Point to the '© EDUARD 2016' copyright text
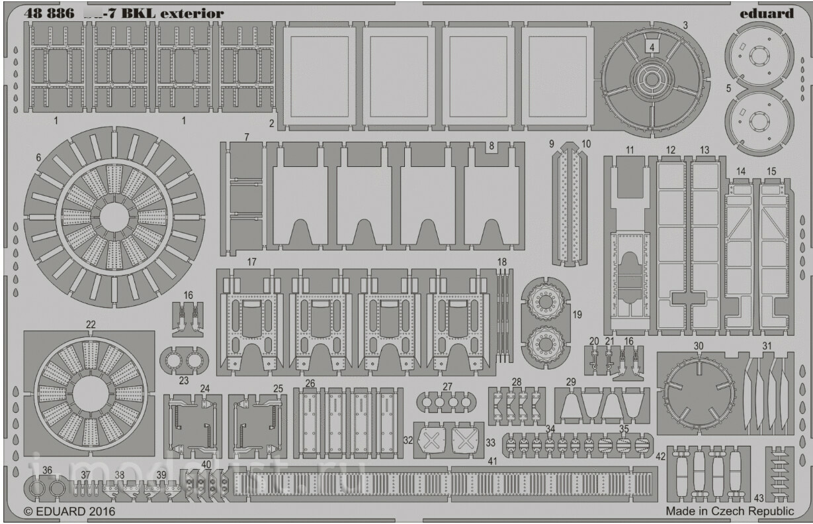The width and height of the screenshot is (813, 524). pyautogui.click(x=69, y=511)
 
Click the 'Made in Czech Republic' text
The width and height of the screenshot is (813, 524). pyautogui.click(x=729, y=511)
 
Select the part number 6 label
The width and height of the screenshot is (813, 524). pyautogui.click(x=38, y=158)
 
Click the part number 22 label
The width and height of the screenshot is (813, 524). pyautogui.click(x=91, y=324)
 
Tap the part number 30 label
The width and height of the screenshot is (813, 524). pyautogui.click(x=699, y=346)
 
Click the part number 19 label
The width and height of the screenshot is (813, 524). pyautogui.click(x=577, y=315)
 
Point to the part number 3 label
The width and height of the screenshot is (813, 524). pyautogui.click(x=685, y=25)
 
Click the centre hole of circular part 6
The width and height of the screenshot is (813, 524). pyautogui.click(x=114, y=216)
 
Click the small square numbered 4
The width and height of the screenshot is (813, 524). pyautogui.click(x=652, y=47)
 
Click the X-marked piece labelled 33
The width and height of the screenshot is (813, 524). pyautogui.click(x=466, y=439)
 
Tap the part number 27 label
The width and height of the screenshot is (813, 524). pyautogui.click(x=448, y=386)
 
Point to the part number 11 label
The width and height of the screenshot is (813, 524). pyautogui.click(x=629, y=150)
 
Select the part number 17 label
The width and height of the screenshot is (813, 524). pyautogui.click(x=251, y=262)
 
